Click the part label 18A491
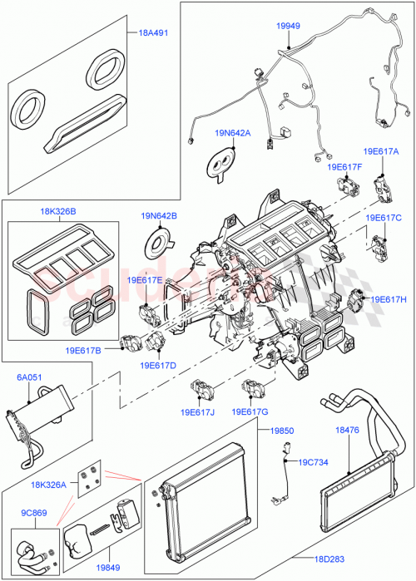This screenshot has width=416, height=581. click(x=151, y=34)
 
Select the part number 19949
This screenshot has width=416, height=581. click(x=288, y=27)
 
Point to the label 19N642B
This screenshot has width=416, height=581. click(x=160, y=217)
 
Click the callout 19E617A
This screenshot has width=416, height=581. click(x=381, y=151)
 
